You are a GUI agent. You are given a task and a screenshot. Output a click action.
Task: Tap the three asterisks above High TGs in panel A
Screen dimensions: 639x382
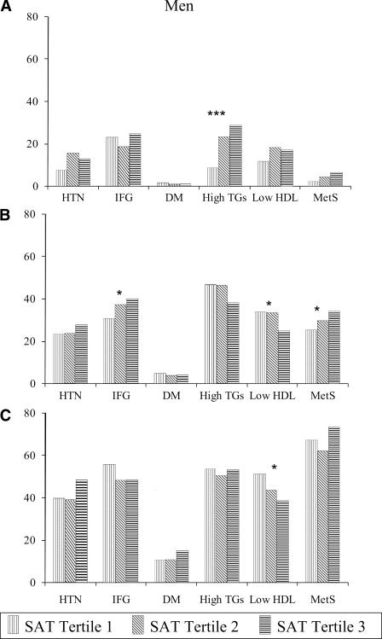tap(218, 114)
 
